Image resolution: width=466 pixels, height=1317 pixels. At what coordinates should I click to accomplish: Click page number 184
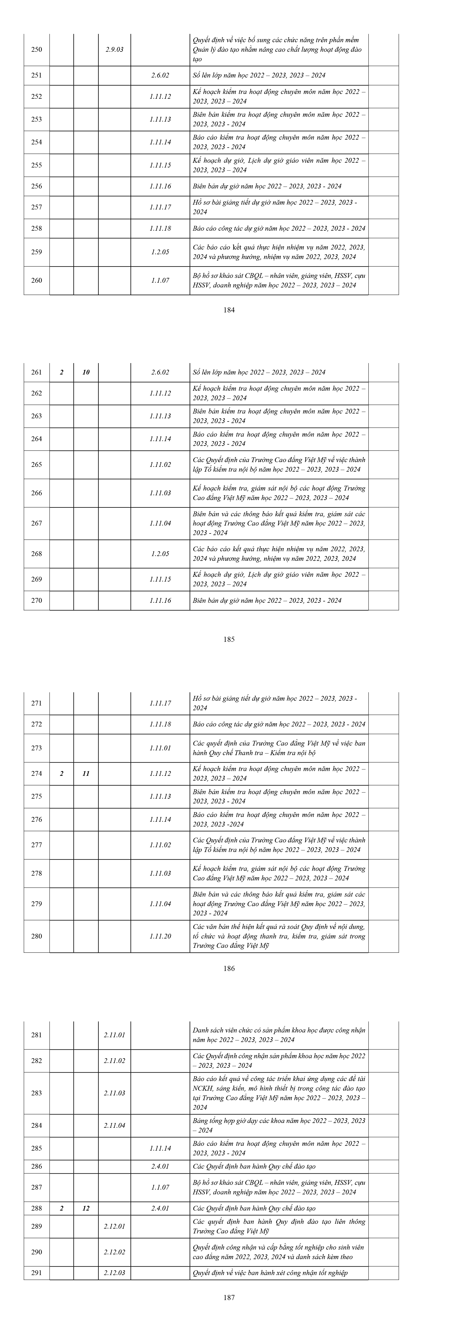(x=229, y=309)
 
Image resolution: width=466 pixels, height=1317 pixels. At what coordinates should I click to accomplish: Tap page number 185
(x=229, y=639)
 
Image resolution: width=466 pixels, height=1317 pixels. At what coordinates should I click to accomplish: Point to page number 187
(x=229, y=1297)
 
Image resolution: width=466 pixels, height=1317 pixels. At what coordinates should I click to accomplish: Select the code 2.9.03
(x=114, y=50)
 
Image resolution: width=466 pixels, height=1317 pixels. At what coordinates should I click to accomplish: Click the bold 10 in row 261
(x=86, y=372)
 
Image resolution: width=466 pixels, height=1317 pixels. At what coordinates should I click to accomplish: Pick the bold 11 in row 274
(x=86, y=773)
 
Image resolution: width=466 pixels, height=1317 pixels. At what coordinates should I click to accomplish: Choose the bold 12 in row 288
(x=86, y=1208)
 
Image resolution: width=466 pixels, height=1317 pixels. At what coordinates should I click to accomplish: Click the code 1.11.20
(x=161, y=936)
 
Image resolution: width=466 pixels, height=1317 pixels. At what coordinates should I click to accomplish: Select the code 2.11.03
(x=114, y=1093)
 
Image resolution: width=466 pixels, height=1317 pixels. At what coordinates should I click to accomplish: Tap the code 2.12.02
(x=114, y=1252)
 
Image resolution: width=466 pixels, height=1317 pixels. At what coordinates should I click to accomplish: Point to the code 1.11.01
(x=161, y=748)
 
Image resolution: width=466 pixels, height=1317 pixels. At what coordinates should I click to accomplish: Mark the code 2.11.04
(x=114, y=1125)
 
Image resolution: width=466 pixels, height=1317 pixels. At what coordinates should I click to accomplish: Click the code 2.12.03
(x=114, y=1272)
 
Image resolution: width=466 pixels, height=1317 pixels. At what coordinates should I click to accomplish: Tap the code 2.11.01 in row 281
(x=114, y=1035)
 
